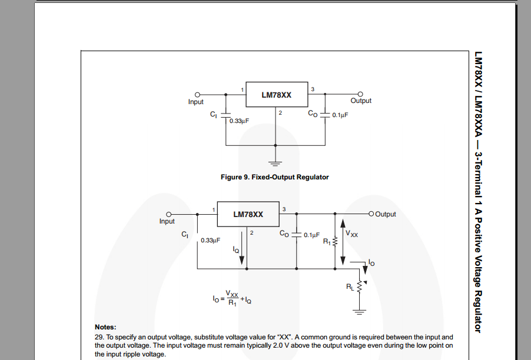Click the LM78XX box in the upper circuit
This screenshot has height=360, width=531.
pos(276,94)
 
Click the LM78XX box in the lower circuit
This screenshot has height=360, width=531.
pos(248,215)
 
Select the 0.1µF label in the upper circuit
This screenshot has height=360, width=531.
pos(340,115)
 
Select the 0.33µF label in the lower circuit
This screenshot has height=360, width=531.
pos(210,240)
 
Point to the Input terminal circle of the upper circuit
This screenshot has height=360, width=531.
pos(198,94)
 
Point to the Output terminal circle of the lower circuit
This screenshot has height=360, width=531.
pos(371,214)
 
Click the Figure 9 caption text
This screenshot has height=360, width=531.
pos(274,177)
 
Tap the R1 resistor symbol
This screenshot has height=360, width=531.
pos(334,241)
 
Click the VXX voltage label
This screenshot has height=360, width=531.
pos(352,234)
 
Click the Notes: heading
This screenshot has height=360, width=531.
pos(105,327)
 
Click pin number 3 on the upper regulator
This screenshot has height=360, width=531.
pos(312,89)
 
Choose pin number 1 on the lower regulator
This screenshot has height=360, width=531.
pos(213,209)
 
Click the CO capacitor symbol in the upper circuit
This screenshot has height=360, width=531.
pos(325,115)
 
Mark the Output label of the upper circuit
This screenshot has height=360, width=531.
pos(361,101)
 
